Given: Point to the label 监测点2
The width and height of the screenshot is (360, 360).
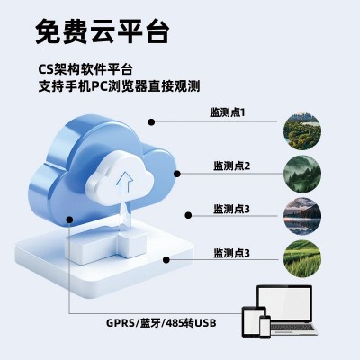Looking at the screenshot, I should tap(231, 165).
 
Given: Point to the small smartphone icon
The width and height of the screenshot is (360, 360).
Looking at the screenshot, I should tap(265, 327).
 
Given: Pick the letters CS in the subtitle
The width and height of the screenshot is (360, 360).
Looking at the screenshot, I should tap(47, 67).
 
